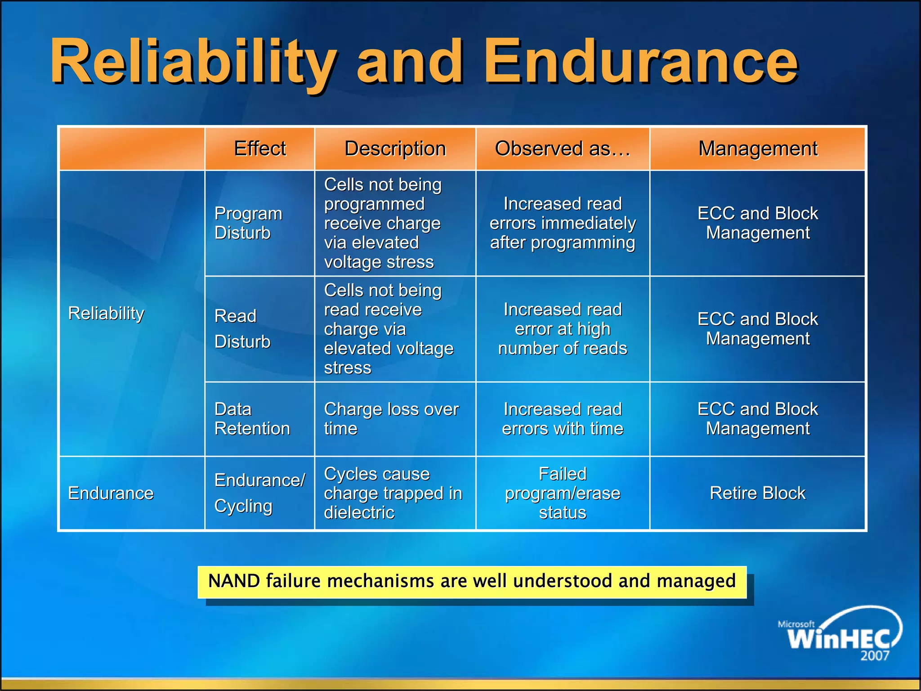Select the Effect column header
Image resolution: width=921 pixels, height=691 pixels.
click(259, 148)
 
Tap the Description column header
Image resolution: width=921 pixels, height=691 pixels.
click(395, 148)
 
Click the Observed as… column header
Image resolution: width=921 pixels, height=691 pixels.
click(563, 148)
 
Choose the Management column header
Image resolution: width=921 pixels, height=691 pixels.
click(758, 148)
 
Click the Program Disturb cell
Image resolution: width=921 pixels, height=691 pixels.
click(248, 223)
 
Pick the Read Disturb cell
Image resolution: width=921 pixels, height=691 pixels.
click(242, 329)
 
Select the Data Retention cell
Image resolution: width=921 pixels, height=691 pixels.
click(252, 419)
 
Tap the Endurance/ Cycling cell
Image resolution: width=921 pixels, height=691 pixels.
click(259, 493)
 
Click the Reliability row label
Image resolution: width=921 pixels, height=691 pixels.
click(106, 313)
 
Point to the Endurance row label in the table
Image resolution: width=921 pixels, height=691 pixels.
click(111, 493)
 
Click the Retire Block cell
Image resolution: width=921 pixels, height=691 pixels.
click(757, 493)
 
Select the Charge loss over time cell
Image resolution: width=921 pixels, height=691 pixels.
click(391, 419)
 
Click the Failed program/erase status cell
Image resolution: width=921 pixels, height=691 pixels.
click(563, 493)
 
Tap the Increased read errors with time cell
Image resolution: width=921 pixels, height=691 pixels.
click(563, 419)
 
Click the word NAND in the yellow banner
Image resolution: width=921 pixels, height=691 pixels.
click(234, 581)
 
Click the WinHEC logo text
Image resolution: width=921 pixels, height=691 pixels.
click(839, 638)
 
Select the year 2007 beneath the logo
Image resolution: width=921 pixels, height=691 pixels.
click(875, 656)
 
